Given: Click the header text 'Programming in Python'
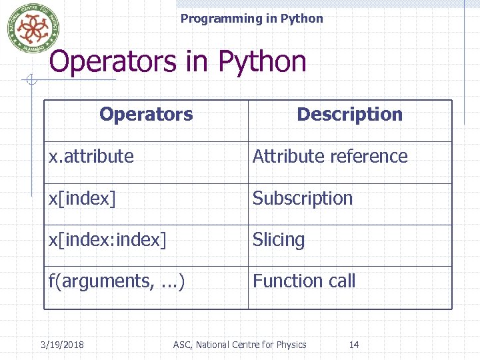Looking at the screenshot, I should click(x=251, y=19).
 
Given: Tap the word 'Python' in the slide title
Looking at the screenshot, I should click(x=262, y=62).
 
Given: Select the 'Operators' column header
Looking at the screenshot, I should click(x=146, y=114).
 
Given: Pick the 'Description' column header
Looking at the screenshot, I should click(x=349, y=114).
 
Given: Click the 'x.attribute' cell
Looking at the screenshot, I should click(x=91, y=156).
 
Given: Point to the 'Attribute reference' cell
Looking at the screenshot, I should click(x=330, y=156).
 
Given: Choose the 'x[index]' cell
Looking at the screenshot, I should click(x=82, y=198).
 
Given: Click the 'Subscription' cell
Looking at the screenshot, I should click(x=303, y=198).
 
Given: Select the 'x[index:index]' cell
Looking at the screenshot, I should click(x=107, y=239).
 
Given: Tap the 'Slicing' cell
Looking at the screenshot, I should click(x=279, y=239).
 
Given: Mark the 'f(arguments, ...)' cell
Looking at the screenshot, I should click(x=117, y=281).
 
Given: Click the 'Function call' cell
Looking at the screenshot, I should click(x=304, y=281).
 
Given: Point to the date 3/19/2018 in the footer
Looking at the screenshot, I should click(x=62, y=345).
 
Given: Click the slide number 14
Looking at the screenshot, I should click(x=354, y=345).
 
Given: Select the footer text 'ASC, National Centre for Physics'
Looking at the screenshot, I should click(x=239, y=345).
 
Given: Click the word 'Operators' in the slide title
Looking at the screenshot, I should click(x=116, y=62).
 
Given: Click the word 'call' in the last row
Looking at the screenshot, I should click(x=341, y=281).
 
